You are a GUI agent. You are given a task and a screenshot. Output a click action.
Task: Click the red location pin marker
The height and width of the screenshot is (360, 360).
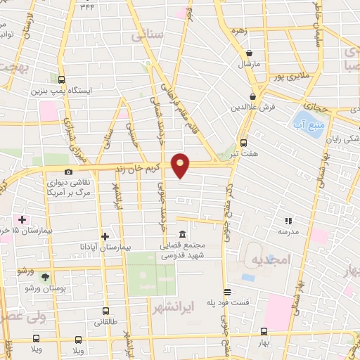tap(181, 165)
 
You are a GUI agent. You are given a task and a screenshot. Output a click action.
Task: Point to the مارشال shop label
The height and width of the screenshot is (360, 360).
tap(249, 65)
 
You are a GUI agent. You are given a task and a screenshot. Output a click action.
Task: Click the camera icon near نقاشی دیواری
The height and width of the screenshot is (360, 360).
tap(68, 172)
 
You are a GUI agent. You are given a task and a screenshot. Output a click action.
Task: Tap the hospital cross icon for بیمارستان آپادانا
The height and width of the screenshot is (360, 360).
tap(105, 236)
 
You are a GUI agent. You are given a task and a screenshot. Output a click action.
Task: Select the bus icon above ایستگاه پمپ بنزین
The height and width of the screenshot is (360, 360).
tap(62, 79)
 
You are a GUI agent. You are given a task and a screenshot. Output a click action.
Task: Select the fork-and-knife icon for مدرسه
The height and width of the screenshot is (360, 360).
tap(287, 220)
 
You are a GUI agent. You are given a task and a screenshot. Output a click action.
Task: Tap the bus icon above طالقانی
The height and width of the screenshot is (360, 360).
tap(105, 311)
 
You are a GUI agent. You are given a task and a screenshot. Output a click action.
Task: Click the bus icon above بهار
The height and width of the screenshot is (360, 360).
tap(264, 331)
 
